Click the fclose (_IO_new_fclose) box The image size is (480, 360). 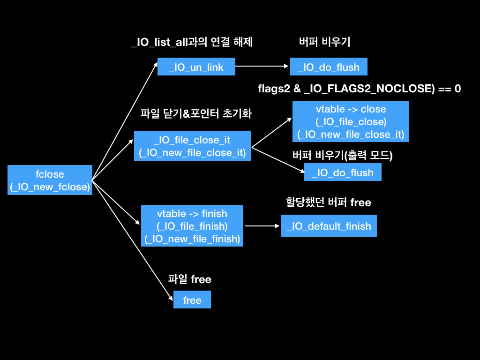[x=50, y=180]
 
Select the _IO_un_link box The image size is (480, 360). [x=196, y=67]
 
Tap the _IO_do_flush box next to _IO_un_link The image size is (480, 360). [x=329, y=67]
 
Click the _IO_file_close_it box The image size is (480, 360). [x=192, y=146]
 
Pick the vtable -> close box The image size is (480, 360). [x=351, y=121]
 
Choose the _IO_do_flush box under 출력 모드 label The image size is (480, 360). [x=343, y=172]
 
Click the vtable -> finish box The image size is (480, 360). [x=192, y=226]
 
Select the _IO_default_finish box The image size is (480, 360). [x=329, y=226]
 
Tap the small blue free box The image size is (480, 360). [x=192, y=300]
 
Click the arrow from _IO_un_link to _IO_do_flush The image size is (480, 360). [x=262, y=67]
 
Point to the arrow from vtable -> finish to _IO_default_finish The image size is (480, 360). [x=262, y=226]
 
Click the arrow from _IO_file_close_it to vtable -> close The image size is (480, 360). [x=271, y=133]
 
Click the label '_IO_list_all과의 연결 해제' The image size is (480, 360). [x=192, y=42]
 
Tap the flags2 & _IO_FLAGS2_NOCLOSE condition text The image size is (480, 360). [x=359, y=88]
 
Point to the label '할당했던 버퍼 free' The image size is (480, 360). [x=328, y=202]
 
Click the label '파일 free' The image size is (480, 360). [x=189, y=280]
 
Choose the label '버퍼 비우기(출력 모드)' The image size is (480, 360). [x=342, y=156]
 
